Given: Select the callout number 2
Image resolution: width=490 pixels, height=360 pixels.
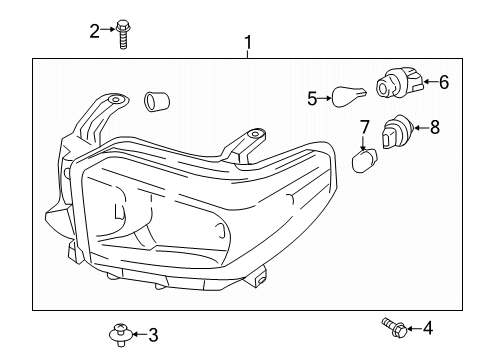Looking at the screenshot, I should pos(95,30).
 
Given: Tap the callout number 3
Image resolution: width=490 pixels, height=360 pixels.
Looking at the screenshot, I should pos(153,334).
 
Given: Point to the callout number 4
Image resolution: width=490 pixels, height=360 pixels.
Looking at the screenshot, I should pos(428,327).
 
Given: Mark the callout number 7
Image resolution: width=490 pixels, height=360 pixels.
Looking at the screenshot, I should pos(365,126).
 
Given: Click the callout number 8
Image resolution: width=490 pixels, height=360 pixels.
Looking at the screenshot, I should pos(435,127).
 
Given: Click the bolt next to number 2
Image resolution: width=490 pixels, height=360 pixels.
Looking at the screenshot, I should pos(122,33).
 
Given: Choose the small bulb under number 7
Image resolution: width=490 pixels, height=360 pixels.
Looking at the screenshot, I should pos(365,160).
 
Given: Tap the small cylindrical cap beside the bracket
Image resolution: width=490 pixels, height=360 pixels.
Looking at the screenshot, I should pos(155,100).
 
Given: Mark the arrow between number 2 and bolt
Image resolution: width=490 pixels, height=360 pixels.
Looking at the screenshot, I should pos(107,30).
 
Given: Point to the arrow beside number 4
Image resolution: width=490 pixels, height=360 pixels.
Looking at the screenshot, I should pos(412,327).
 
